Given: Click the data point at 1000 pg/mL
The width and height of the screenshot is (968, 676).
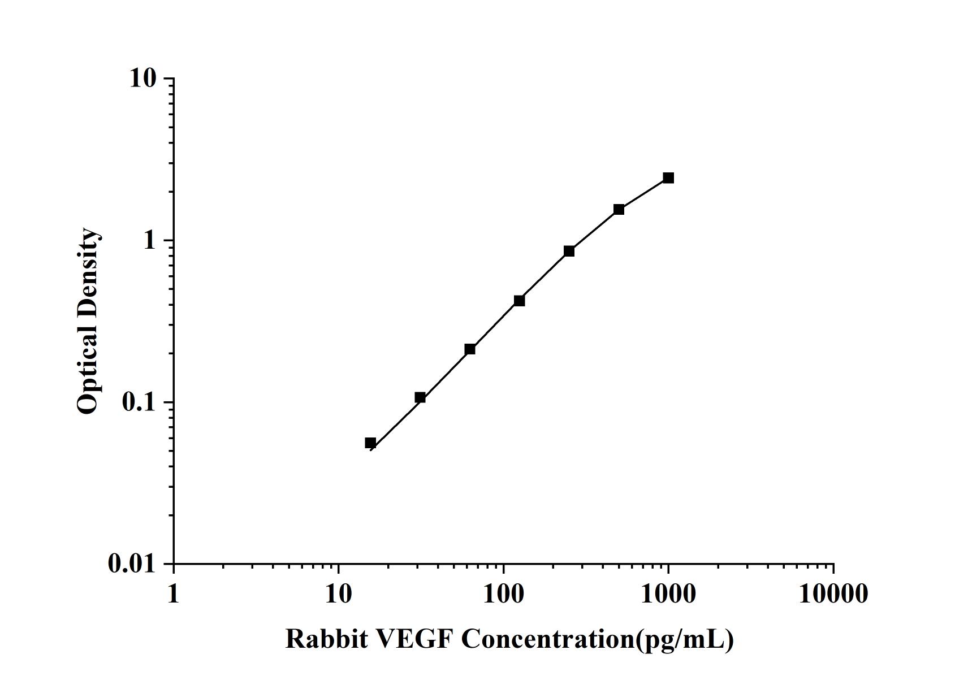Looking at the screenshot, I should (668, 178).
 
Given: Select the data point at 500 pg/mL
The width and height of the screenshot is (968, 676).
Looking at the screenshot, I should (619, 210).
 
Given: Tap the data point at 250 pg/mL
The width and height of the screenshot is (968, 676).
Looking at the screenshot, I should (569, 251).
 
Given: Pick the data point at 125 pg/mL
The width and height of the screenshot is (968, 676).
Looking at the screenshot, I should (519, 301).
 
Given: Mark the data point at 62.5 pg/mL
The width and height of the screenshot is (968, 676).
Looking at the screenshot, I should (470, 349).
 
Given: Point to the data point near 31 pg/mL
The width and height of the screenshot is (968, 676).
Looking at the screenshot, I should (420, 398).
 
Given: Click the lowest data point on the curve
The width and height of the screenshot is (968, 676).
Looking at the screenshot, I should (370, 443).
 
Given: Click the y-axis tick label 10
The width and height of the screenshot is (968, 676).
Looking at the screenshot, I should (142, 78).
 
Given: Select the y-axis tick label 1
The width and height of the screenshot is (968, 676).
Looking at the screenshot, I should (149, 240).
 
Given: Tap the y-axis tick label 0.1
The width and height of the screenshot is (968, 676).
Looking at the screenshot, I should (139, 402).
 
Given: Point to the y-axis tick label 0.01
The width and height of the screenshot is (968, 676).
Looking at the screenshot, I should (132, 564).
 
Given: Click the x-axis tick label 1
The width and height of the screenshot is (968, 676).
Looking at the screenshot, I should (173, 593).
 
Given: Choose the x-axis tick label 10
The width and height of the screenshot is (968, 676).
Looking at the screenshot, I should (338, 593).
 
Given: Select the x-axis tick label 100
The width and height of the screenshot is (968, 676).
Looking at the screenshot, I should (503, 593).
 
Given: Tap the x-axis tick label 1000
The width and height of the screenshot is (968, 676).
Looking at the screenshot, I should (668, 593).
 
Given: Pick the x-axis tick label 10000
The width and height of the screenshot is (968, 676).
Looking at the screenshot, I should (833, 593).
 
